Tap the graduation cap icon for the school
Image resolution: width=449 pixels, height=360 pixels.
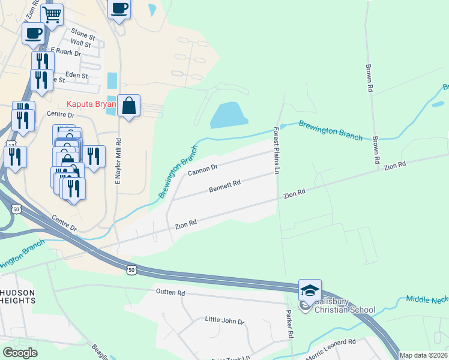click(310, 290)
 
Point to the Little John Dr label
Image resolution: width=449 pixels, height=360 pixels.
click(224, 321)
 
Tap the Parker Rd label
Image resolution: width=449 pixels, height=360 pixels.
click(289, 323)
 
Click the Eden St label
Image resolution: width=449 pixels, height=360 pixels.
click(76, 76)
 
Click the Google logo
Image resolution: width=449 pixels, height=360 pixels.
click(20, 353)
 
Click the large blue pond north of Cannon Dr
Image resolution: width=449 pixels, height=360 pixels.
click(228, 115)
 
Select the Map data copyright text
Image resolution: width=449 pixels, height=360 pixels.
click(423, 355)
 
